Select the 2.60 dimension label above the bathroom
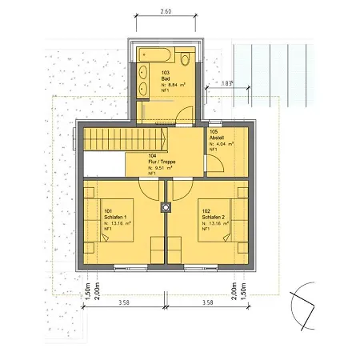pyautogui.click(x=165, y=12)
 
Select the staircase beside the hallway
pyautogui.click(x=106, y=139)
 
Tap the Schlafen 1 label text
pyautogui.click(x=115, y=218)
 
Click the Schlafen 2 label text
pyautogui.click(x=211, y=218)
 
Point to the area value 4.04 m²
pyautogui.click(x=224, y=144)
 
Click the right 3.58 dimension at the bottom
pyautogui.click(x=206, y=303)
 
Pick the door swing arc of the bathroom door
pyautogui.click(x=184, y=114)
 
